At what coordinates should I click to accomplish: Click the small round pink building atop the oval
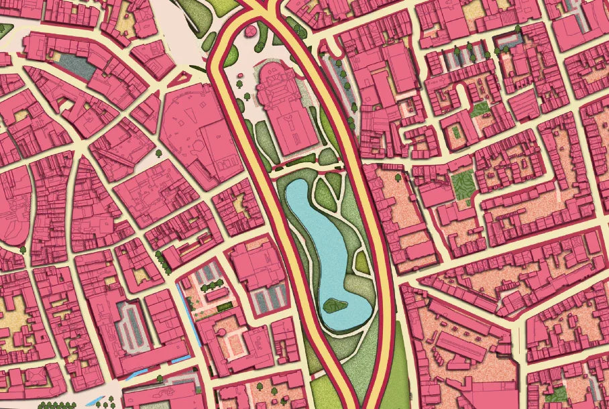tap(252, 30)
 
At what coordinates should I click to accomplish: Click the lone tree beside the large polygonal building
tap(159, 154)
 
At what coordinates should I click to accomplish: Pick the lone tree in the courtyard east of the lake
tap(398, 178)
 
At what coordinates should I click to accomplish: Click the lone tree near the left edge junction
tap(23, 249)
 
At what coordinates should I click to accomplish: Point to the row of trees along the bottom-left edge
tap(57, 405)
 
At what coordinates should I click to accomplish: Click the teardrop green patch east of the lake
tap(357, 261)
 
